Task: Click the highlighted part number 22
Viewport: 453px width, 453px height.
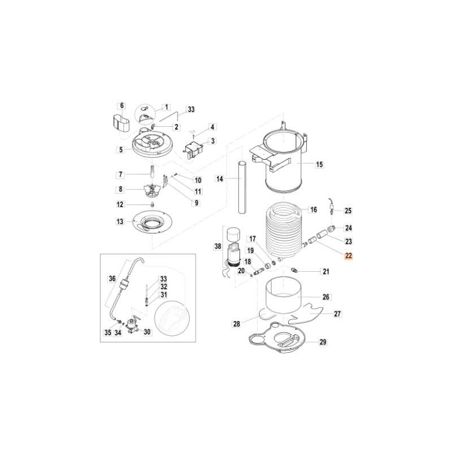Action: tap(348, 256)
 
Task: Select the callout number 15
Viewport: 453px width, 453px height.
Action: tap(319, 165)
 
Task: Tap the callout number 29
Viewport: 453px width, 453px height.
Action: tap(323, 342)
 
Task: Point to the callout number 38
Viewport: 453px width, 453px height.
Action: tap(217, 246)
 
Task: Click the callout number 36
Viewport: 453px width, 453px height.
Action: tap(112, 279)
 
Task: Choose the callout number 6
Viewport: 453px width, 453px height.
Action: tap(121, 105)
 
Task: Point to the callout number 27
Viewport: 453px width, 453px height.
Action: tap(337, 313)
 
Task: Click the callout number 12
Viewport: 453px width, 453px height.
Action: tap(121, 204)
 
